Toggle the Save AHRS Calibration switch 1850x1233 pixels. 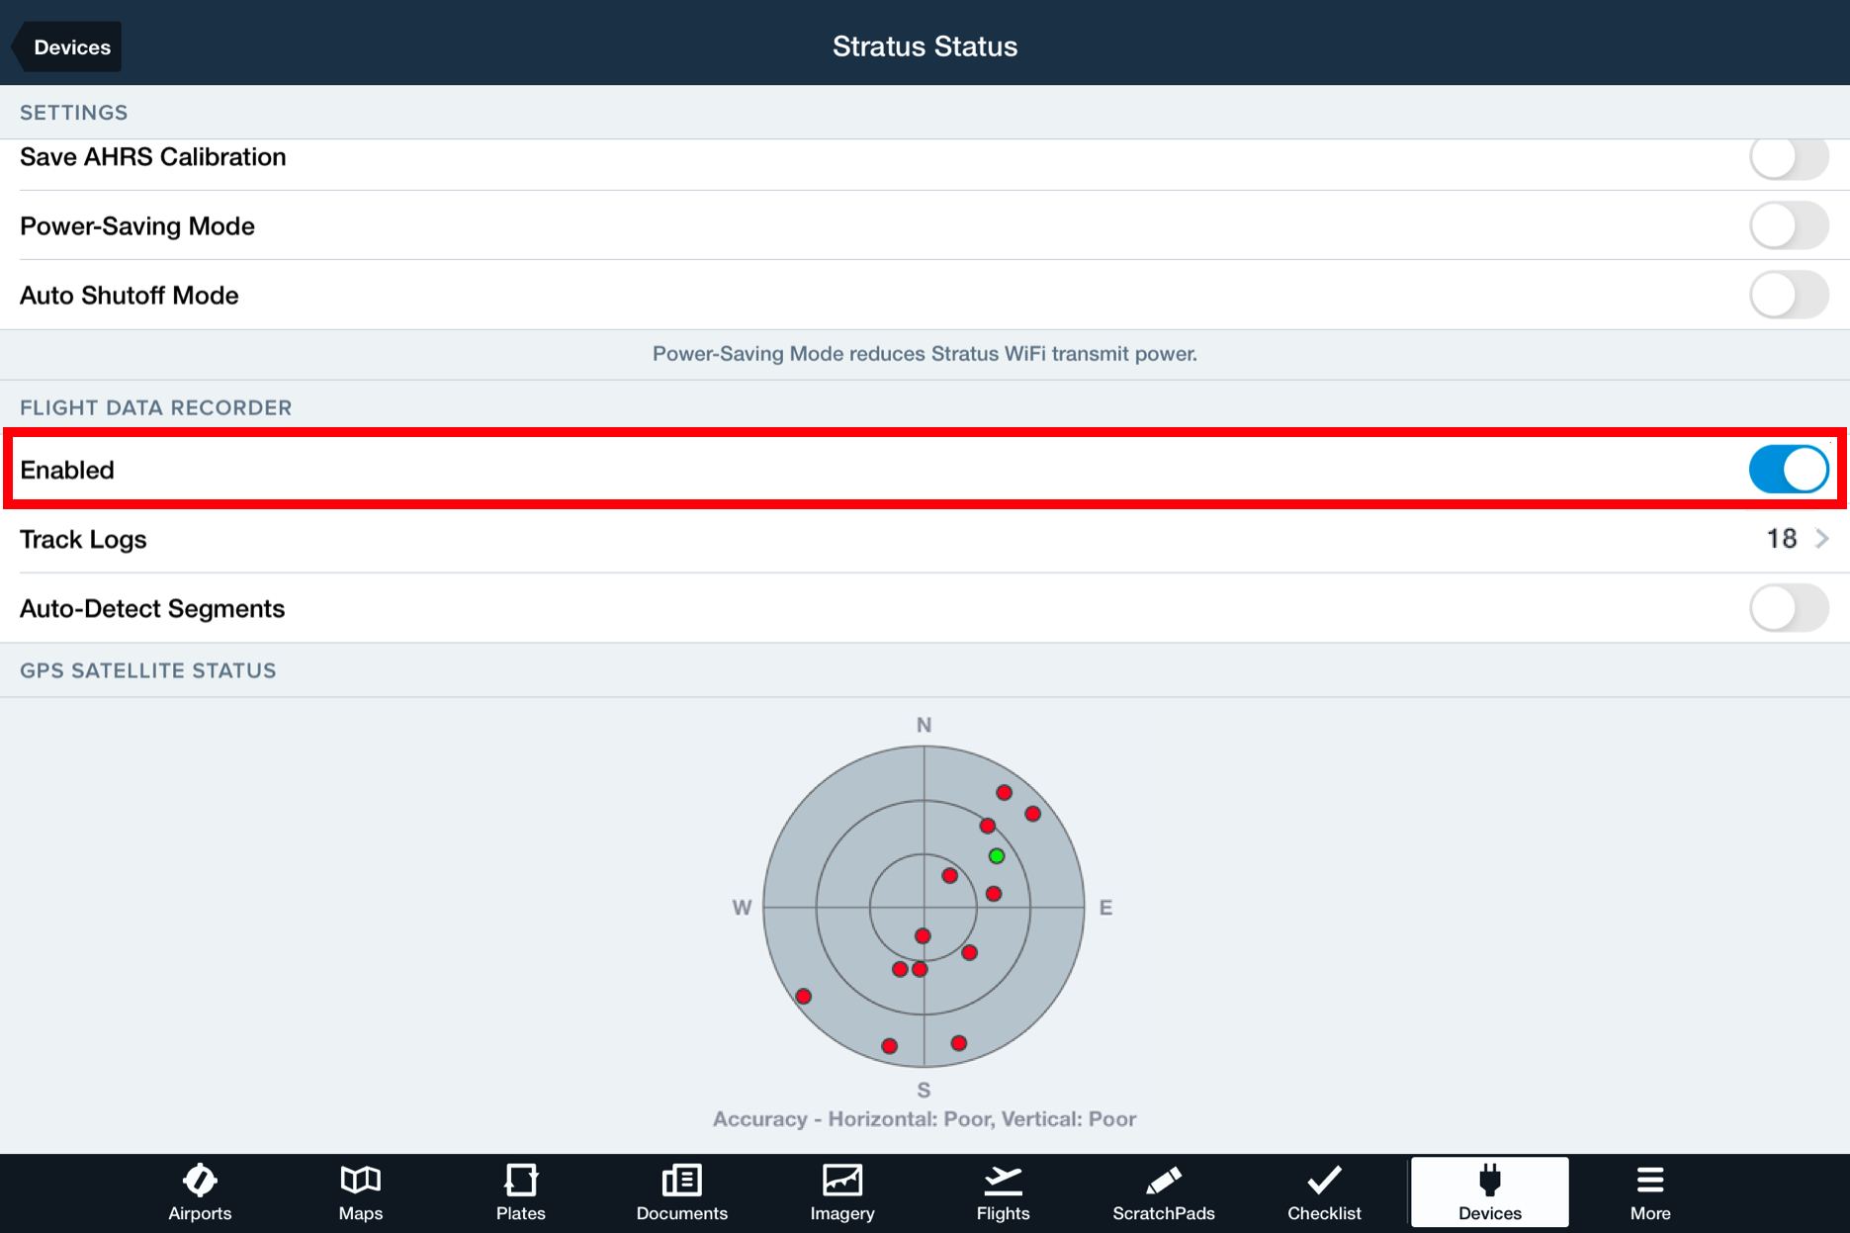(1788, 158)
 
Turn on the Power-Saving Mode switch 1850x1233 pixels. (1788, 226)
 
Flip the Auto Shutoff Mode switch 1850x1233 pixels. (1788, 296)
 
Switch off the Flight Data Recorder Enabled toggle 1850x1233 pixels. (1788, 470)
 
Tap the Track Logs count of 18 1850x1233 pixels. (1781, 539)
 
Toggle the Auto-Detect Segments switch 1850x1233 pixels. (1788, 608)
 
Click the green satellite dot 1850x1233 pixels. (997, 856)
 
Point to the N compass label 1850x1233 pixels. (924, 725)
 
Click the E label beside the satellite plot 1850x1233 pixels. (1105, 908)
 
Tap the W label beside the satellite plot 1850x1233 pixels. (742, 908)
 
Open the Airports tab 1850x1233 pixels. (200, 1192)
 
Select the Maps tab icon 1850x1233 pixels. (360, 1181)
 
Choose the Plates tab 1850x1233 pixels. (521, 1192)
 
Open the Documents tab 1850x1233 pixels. (681, 1192)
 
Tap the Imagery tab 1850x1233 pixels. (842, 1192)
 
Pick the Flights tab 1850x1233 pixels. (1003, 1192)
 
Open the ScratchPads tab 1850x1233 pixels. (1164, 1192)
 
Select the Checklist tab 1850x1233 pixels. (1324, 1192)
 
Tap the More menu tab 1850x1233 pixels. (1650, 1192)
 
